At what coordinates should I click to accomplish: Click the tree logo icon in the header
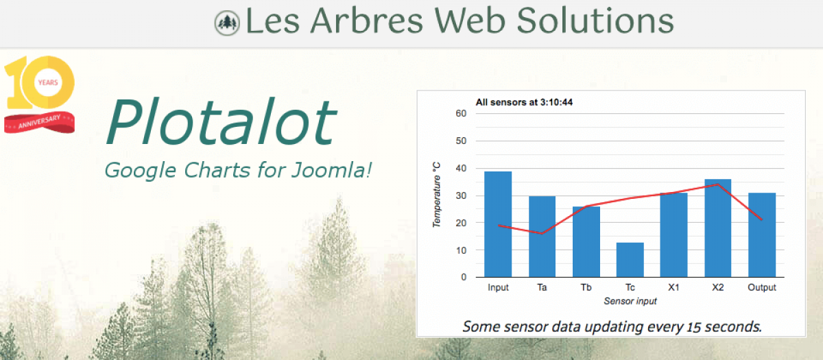(227, 23)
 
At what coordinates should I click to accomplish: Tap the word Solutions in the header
(595, 21)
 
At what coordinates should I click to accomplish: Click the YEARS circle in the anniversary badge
(48, 82)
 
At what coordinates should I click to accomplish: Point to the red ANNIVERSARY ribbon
(39, 122)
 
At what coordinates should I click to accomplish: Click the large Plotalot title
(221, 121)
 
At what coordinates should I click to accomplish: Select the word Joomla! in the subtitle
(332, 170)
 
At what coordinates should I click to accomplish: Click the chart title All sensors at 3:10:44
(524, 102)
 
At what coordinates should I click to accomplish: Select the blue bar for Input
(498, 224)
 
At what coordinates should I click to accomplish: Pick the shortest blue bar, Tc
(630, 260)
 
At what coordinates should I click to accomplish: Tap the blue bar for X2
(717, 228)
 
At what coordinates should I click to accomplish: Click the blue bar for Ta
(542, 237)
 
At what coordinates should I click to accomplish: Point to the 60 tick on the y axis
(461, 114)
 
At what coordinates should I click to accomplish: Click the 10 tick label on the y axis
(461, 250)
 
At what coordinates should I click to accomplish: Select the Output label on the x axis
(762, 287)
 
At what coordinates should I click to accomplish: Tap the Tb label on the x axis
(586, 287)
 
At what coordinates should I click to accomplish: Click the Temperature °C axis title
(436, 195)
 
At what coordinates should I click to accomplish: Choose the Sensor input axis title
(630, 301)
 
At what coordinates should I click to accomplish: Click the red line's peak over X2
(717, 184)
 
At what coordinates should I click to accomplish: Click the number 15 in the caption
(693, 327)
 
